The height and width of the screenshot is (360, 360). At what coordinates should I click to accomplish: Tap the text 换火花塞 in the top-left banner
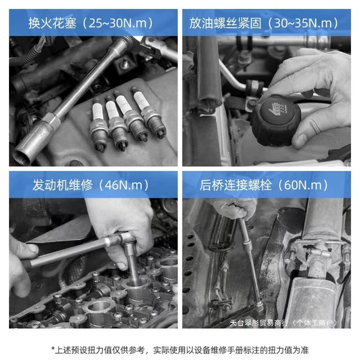click(52, 23)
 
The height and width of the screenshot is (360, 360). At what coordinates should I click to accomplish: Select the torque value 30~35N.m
click(303, 23)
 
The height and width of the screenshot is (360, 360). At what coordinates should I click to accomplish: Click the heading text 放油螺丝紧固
click(225, 23)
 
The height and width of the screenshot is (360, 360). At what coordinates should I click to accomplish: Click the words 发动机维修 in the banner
click(62, 185)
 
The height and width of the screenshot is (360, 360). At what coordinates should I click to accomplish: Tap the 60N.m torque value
click(303, 185)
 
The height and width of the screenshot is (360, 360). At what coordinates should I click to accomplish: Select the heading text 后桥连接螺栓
click(235, 185)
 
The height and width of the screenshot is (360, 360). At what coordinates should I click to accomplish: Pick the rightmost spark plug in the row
click(149, 113)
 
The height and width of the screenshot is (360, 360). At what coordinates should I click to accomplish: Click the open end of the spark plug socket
click(22, 157)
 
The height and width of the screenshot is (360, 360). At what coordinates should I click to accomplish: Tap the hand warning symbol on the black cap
click(278, 109)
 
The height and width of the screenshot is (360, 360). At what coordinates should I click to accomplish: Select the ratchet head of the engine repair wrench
click(125, 238)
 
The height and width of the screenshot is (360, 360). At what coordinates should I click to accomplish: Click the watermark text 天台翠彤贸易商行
click(259, 323)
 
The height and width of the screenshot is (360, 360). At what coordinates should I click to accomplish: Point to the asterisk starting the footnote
click(53, 349)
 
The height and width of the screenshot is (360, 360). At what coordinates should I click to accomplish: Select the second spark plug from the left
click(116, 123)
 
